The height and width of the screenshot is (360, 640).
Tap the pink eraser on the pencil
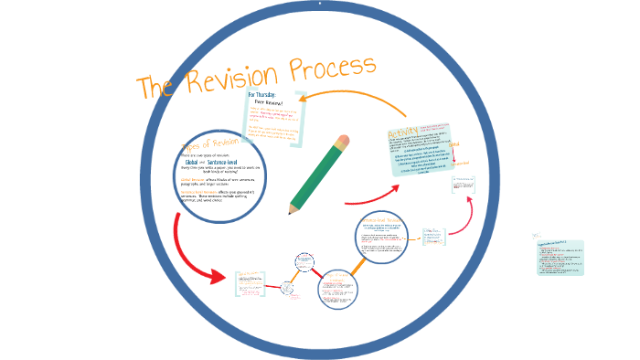(x=343, y=143)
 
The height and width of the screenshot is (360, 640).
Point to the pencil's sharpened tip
(x=292, y=210)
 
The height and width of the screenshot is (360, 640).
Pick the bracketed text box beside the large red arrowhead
(x=251, y=283)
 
